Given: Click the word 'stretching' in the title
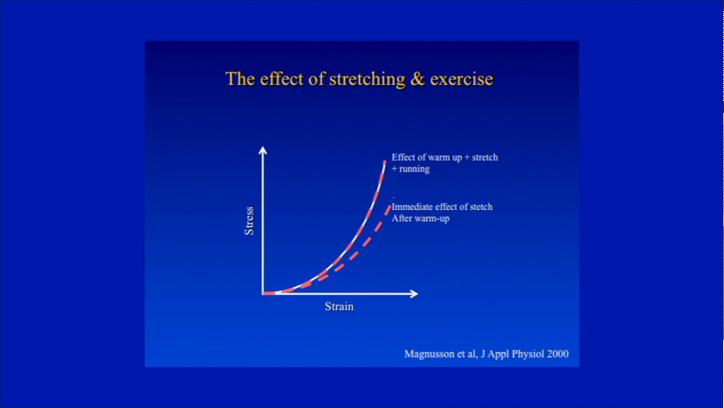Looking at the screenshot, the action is [x=368, y=79].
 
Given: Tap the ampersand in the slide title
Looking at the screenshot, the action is [x=418, y=79].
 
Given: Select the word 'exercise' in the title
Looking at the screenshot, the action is [x=461, y=79].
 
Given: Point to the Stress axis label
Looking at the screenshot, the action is [x=249, y=221].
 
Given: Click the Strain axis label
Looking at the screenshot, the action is [x=340, y=306].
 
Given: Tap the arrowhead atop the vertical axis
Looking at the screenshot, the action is [x=263, y=150].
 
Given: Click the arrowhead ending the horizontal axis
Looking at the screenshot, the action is [x=413, y=293].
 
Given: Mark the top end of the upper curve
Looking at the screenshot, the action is [x=385, y=161].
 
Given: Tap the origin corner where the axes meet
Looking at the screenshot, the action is [x=263, y=293].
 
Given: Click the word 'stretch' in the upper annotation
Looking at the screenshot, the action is [x=485, y=157].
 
